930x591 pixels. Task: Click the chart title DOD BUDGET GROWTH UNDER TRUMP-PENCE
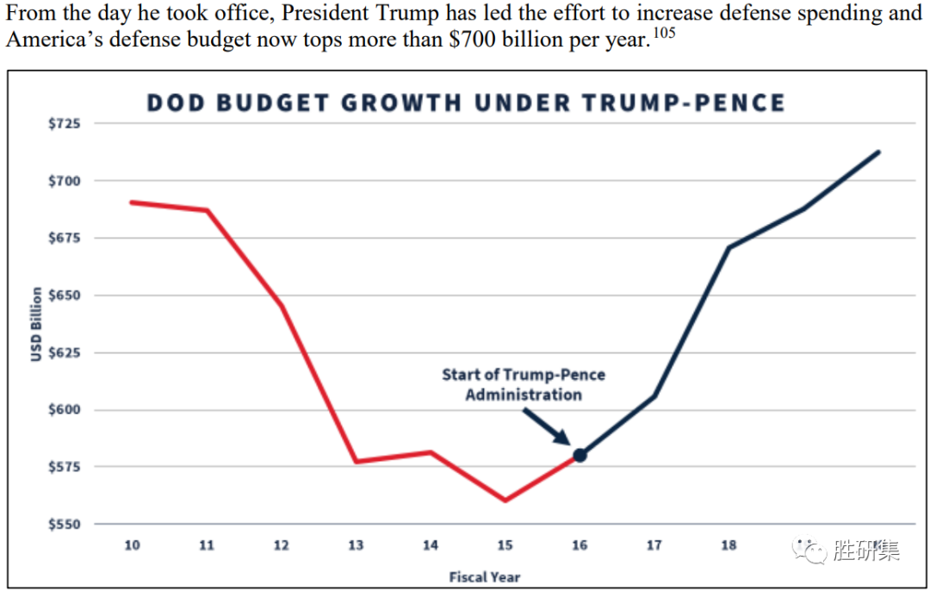pyautogui.click(x=465, y=103)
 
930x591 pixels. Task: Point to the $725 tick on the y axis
pyautogui.click(x=64, y=124)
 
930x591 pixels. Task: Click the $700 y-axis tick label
pyautogui.click(x=64, y=181)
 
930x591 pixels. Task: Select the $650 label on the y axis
pyautogui.click(x=64, y=295)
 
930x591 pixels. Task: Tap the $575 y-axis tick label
pyautogui.click(x=64, y=467)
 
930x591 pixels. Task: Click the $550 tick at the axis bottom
pyautogui.click(x=64, y=524)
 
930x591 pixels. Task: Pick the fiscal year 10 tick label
pyautogui.click(x=132, y=545)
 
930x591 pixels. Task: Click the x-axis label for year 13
pyautogui.click(x=356, y=545)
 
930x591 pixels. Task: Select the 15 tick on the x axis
pyautogui.click(x=505, y=545)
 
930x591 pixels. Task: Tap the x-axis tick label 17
pyautogui.click(x=654, y=545)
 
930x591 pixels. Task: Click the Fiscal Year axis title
pyautogui.click(x=485, y=576)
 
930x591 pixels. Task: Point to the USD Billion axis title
pyautogui.click(x=36, y=324)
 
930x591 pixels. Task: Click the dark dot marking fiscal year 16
pyautogui.click(x=580, y=455)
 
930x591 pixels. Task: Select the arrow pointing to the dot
pyautogui.click(x=544, y=426)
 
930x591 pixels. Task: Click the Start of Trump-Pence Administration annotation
pyautogui.click(x=524, y=385)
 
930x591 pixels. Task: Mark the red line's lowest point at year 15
pyautogui.click(x=505, y=500)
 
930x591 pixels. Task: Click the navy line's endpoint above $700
pyautogui.click(x=877, y=152)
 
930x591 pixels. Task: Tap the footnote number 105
pyautogui.click(x=663, y=34)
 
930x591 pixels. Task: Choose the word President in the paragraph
pyautogui.click(x=328, y=15)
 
